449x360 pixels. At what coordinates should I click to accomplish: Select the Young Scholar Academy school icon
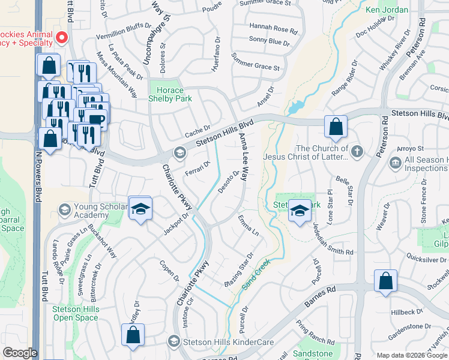tap(64, 209)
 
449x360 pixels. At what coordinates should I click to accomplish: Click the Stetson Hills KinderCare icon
tap(173, 341)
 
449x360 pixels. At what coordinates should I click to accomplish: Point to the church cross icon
tap(357, 151)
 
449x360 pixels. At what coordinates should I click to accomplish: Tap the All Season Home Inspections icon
tap(395, 163)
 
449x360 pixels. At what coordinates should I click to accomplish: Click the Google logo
tap(20, 353)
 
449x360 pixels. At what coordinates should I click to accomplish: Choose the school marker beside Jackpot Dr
tap(140, 208)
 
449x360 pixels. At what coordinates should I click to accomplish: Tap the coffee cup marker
tap(96, 119)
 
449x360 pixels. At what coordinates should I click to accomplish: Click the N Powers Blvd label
tap(37, 180)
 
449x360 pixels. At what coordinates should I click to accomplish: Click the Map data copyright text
tap(411, 355)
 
